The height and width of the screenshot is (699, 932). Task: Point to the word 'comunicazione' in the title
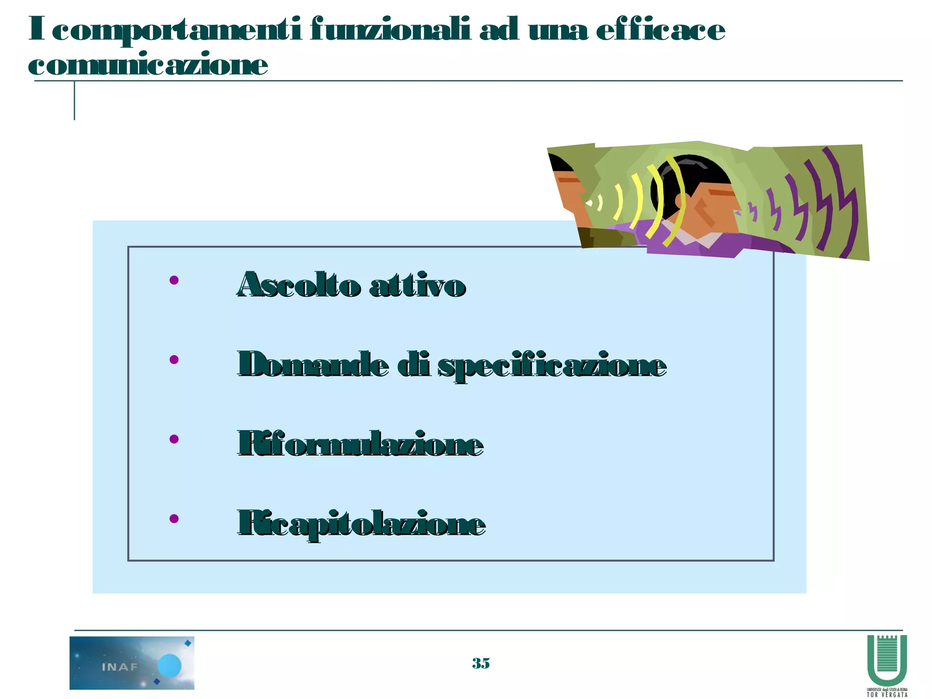148,65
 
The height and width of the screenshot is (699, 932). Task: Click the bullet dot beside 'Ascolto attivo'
174,280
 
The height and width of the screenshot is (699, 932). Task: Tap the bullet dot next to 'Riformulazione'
174,439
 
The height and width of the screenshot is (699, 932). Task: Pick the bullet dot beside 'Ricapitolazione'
174,518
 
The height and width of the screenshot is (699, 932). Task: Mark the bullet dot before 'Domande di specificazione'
174,360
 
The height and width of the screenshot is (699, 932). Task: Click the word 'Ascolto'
299,285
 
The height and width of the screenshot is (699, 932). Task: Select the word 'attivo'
417,286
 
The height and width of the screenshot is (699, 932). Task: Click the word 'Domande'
313,365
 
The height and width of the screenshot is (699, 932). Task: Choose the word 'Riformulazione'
360,444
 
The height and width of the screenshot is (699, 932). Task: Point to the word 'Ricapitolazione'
361,524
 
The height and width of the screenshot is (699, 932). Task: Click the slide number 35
481,663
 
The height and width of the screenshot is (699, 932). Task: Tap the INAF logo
132,663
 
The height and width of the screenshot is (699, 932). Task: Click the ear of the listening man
681,200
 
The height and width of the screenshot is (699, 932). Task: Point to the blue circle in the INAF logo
170,666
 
